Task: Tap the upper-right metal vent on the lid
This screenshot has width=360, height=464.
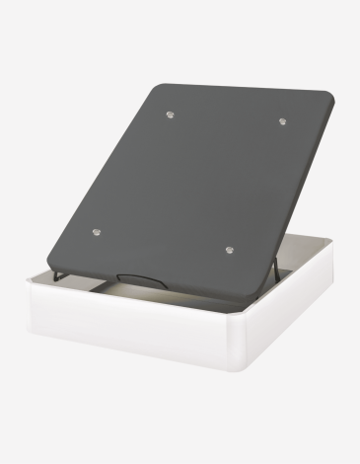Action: pos(282,121)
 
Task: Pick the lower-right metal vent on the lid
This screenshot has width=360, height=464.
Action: pos(228,251)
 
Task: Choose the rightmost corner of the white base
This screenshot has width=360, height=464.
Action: pos(332,255)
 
